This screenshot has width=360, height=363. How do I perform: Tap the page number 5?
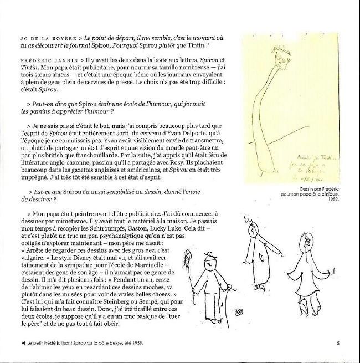click(337, 342)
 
